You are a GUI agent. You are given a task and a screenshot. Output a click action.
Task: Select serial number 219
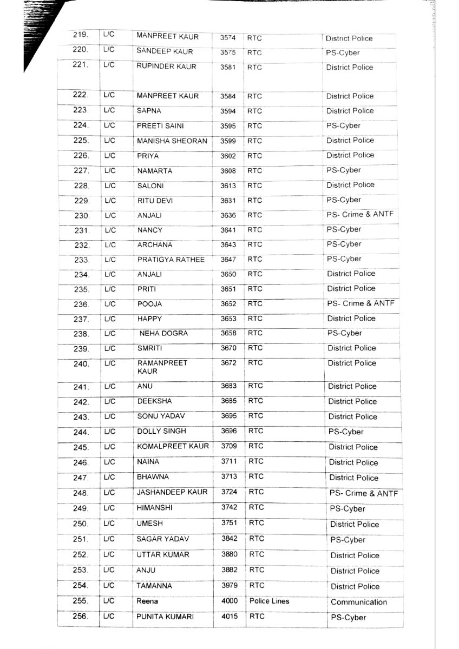(x=81, y=35)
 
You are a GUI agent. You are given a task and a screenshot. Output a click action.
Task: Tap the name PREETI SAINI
(x=160, y=126)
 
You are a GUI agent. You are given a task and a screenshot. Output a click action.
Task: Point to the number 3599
(x=228, y=141)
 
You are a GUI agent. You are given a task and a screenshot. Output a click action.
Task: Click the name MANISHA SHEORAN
(x=172, y=141)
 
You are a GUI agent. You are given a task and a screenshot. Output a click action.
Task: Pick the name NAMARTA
(x=154, y=171)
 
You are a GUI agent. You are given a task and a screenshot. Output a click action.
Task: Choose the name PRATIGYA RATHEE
(x=171, y=260)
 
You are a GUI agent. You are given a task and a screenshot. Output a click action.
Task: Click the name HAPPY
(x=149, y=319)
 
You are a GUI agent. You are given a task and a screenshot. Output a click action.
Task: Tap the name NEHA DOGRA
(x=163, y=334)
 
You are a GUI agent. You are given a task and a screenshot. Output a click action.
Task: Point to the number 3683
(x=229, y=386)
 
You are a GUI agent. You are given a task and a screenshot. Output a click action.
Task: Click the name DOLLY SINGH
(x=161, y=431)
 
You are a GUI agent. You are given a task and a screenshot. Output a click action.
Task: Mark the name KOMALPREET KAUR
(x=173, y=446)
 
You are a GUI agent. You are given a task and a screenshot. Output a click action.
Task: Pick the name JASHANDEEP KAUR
(x=173, y=492)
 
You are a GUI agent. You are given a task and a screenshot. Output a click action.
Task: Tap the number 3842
(x=229, y=539)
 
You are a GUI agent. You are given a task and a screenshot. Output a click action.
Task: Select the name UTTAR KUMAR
(x=162, y=555)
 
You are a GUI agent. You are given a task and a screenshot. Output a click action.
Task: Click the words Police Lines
(x=269, y=601)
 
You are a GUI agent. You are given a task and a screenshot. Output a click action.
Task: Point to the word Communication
(x=358, y=602)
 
